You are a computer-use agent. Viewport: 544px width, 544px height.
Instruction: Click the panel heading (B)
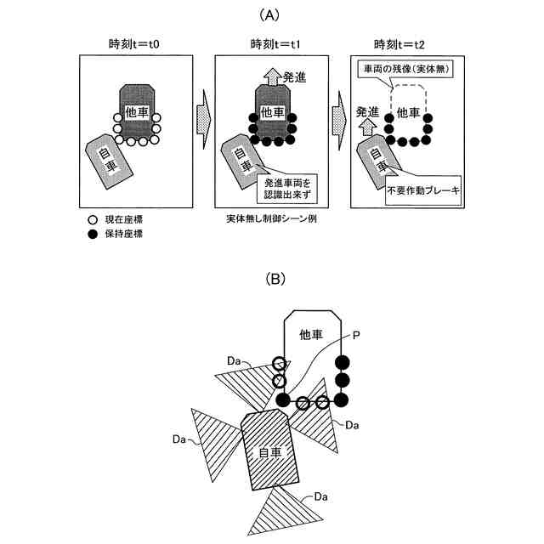[273, 279]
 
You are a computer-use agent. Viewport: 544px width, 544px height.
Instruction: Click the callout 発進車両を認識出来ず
[286, 186]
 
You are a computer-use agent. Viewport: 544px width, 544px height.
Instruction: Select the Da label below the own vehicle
[320, 496]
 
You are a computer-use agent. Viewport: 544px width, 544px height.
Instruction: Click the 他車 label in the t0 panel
[136, 112]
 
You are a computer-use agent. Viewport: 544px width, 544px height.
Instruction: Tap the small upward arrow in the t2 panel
[367, 128]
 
